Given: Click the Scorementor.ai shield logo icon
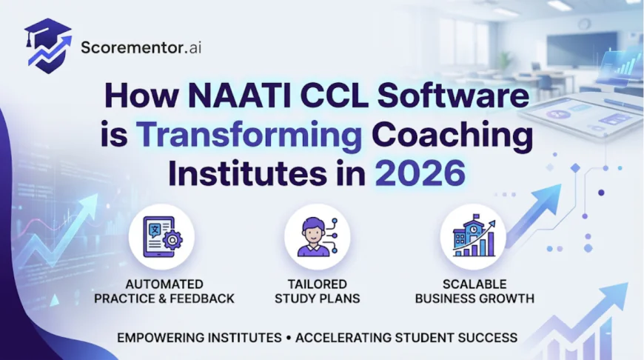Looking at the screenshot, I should pos(49,46).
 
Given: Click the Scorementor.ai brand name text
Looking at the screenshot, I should pos(141,48).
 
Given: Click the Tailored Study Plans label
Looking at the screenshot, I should pos(316,291).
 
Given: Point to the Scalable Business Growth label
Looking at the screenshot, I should pos(474,291).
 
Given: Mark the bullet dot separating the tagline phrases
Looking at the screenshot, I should pos(288,337).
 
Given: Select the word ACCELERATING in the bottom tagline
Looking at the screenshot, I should pos(343,337).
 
